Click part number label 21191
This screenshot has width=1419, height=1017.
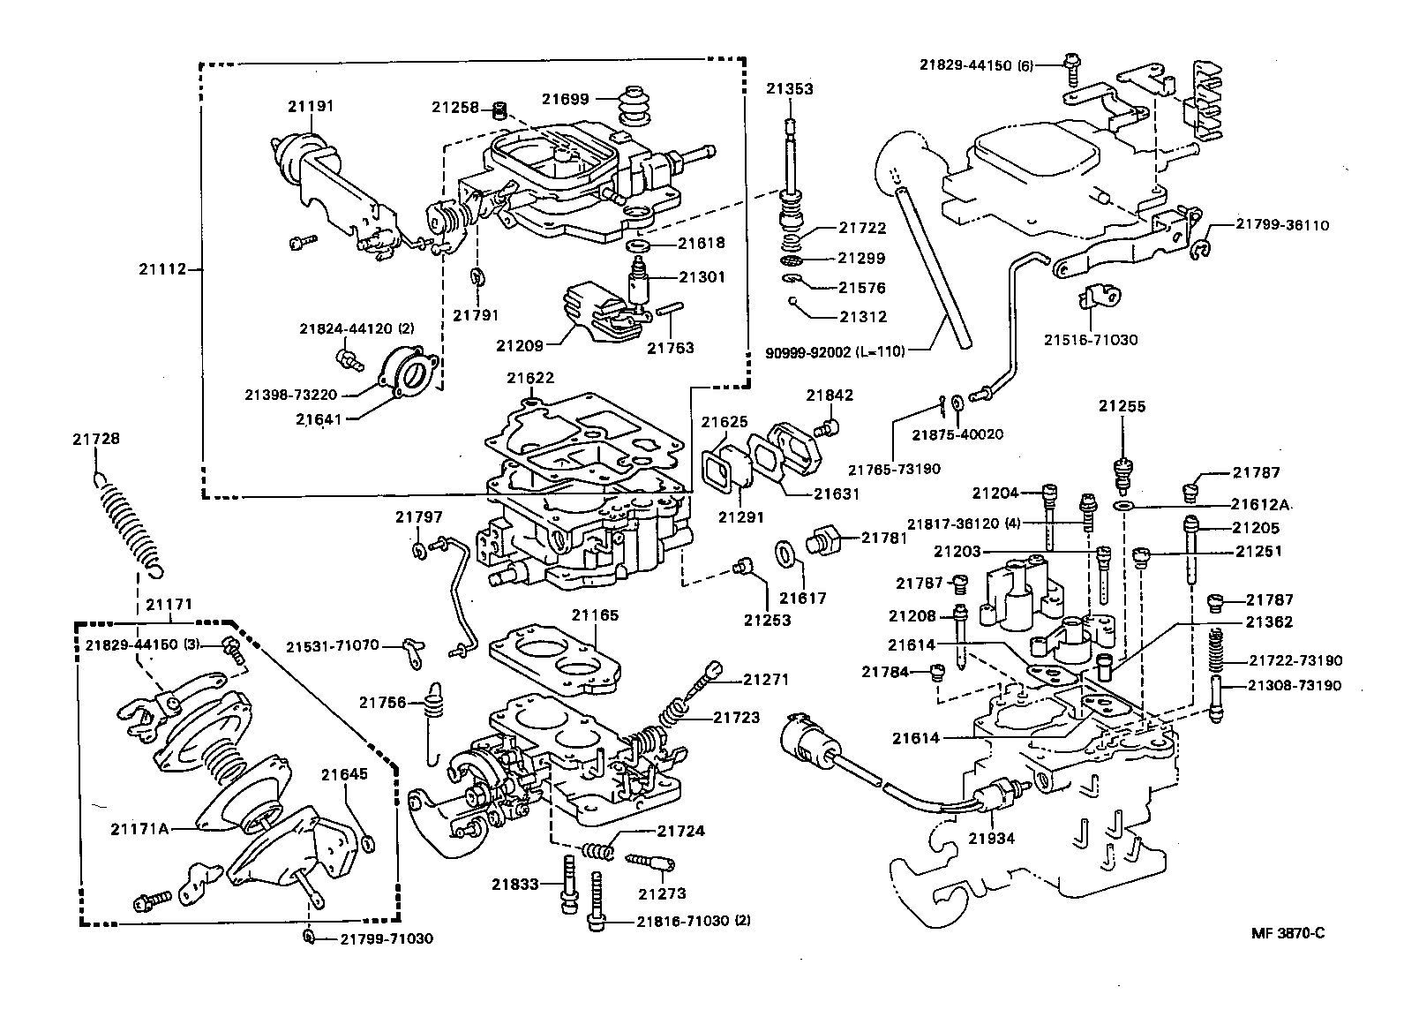click(x=311, y=106)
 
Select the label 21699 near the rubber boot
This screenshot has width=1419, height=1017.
click(x=566, y=100)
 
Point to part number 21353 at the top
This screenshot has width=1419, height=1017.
click(x=790, y=89)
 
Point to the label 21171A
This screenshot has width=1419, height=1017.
click(x=140, y=829)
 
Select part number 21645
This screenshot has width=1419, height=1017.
click(x=344, y=774)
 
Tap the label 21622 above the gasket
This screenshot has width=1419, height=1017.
click(x=530, y=378)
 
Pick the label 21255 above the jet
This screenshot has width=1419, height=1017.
click(x=1122, y=406)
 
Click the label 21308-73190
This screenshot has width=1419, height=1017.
click(x=1295, y=685)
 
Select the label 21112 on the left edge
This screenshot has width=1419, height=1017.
click(x=163, y=269)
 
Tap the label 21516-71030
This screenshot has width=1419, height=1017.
click(x=1091, y=340)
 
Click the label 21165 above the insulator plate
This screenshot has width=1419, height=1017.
click(x=595, y=615)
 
